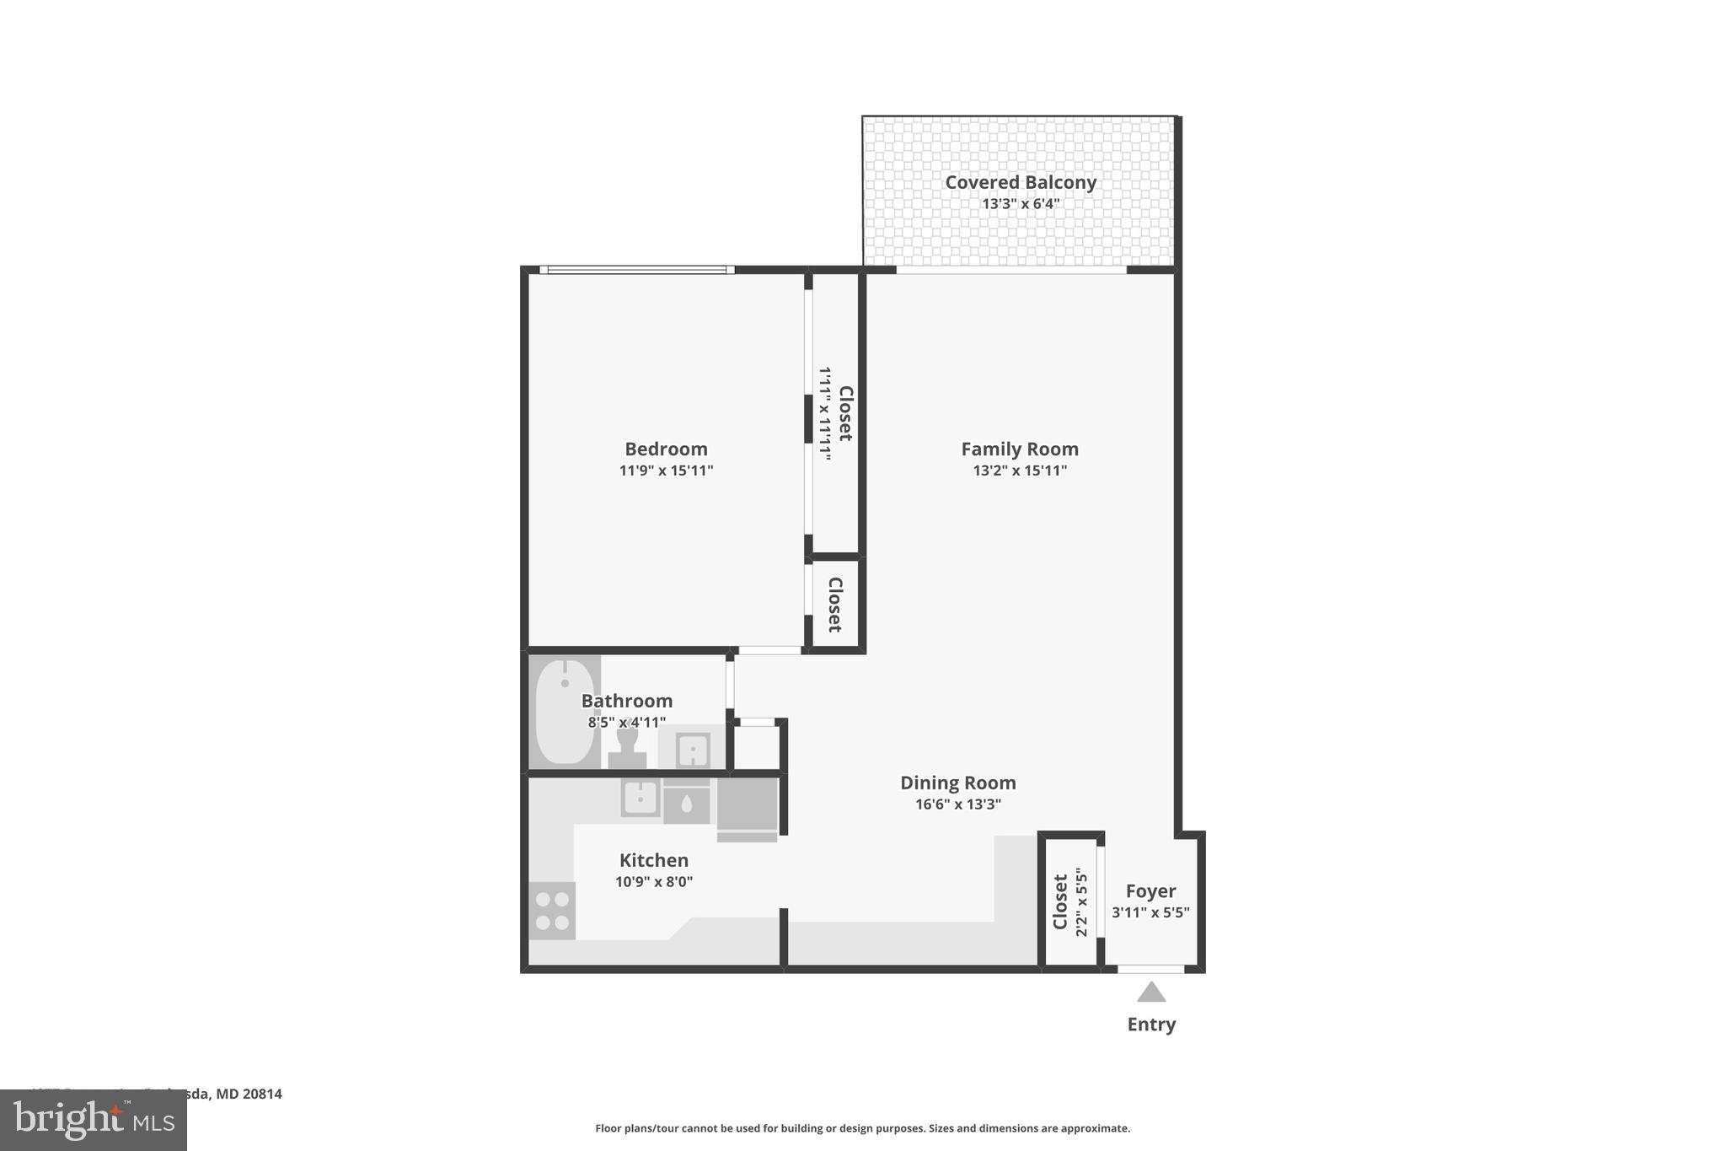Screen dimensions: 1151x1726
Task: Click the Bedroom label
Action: pos(666,449)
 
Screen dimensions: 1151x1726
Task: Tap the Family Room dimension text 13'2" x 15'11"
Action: pos(1020,471)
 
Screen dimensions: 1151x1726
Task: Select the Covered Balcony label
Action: pos(1020,182)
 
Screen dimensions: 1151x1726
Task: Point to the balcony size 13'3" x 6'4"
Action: pos(1020,204)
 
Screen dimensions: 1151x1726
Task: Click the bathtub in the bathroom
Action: pos(565,711)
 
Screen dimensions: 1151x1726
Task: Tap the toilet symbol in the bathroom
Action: pos(627,747)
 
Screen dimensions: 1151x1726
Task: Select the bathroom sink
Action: pos(692,749)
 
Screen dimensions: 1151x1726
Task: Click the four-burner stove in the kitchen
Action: pos(552,911)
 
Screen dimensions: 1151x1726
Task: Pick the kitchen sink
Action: pos(641,798)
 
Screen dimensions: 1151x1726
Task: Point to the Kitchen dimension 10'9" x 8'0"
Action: pos(654,882)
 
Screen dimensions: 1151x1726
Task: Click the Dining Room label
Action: pos(958,783)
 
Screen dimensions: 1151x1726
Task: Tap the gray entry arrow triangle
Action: pos(1151,992)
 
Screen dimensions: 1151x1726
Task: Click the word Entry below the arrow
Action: pos(1151,1025)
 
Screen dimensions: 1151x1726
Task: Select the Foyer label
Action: pos(1150,891)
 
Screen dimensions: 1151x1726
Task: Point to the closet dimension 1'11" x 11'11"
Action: pos(825,413)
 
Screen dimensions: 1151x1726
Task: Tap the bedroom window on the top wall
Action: pos(636,270)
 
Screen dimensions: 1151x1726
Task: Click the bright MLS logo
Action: pos(94,1120)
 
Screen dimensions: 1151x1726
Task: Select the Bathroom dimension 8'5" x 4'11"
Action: pos(627,723)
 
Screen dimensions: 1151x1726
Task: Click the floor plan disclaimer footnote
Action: pos(862,1128)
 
